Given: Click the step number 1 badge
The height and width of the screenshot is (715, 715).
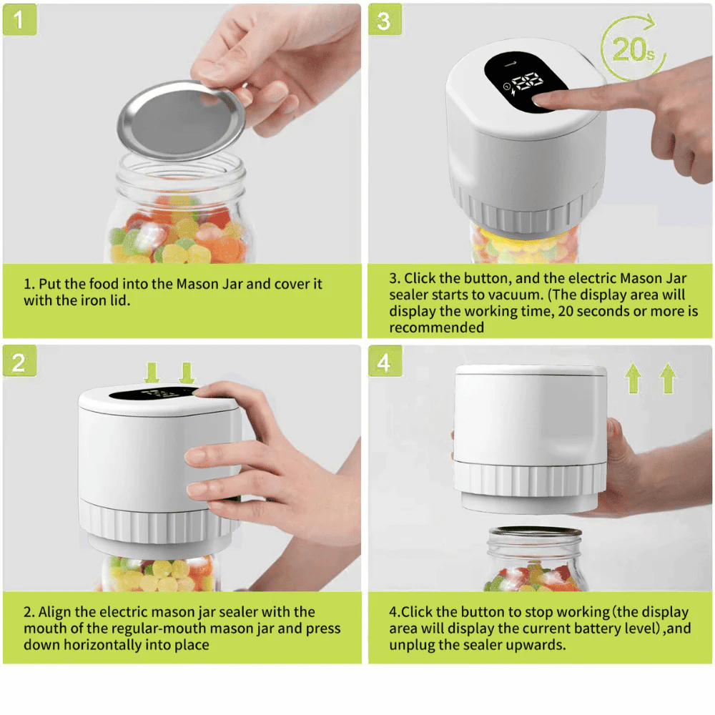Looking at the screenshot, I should tap(19, 20).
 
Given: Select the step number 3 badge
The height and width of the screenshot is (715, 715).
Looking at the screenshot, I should tap(384, 20).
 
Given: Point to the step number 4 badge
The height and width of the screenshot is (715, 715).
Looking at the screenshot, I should tap(384, 362).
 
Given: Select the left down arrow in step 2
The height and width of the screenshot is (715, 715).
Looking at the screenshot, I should tap(152, 373).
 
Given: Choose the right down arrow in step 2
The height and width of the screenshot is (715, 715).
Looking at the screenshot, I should tap(187, 373).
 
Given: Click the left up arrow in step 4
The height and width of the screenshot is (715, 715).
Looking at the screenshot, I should tap(633, 378).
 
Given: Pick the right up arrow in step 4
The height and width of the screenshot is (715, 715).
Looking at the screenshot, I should tap(667, 378).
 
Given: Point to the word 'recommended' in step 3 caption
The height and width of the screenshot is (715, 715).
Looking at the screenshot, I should tap(436, 327).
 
